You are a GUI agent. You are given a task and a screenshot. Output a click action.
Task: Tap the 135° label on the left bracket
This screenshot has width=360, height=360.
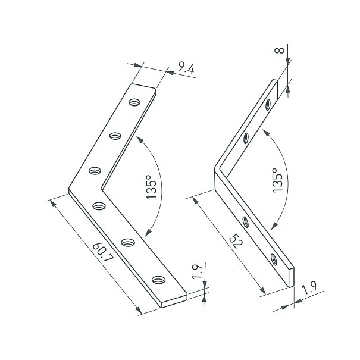point(151,187)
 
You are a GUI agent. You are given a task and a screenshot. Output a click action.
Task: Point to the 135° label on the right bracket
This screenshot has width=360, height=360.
point(277,180)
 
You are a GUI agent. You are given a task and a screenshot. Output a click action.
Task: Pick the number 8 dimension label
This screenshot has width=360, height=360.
point(280,50)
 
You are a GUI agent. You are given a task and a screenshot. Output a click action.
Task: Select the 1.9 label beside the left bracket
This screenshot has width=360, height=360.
point(197,271)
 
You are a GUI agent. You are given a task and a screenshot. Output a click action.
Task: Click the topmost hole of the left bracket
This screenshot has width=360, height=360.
point(134,102)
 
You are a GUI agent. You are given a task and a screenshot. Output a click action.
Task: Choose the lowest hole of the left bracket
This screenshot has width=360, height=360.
point(159,280)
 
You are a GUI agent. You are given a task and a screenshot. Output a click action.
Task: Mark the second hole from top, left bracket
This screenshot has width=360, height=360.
point(115,136)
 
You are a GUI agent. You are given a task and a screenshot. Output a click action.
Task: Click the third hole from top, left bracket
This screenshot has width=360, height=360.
point(95,171)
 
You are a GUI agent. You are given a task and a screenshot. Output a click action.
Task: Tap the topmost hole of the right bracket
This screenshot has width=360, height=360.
point(268,105)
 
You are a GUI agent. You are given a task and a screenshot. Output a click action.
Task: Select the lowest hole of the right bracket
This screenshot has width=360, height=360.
point(274,259)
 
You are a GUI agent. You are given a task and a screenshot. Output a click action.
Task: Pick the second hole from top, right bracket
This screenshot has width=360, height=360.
point(246,138)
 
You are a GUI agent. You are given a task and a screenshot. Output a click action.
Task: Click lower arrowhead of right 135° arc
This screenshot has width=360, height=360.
point(274,226)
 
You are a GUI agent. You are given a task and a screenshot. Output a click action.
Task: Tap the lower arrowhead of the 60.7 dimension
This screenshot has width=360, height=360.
point(138,310)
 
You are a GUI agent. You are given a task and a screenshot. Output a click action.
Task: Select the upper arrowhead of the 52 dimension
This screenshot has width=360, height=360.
point(195,201)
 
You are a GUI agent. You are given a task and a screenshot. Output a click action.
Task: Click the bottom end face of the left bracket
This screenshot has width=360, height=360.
point(174,300)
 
